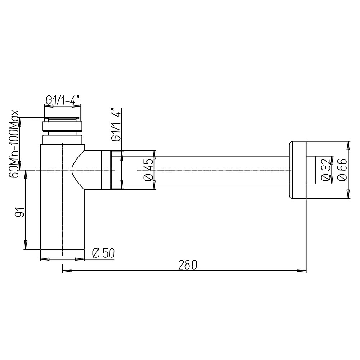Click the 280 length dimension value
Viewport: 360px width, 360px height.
[x=188, y=265]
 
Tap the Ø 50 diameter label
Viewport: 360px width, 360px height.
[x=103, y=253]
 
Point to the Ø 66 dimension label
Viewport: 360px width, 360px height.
[x=343, y=170]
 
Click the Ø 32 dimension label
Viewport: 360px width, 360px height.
[x=326, y=170]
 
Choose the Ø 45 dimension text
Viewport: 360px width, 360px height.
[x=148, y=170]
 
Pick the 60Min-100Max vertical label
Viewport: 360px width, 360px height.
[x=14, y=144]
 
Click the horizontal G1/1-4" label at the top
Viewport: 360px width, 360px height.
[x=63, y=100]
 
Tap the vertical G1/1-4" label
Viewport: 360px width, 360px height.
[x=116, y=125]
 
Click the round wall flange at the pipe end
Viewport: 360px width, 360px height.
[x=297, y=170]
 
